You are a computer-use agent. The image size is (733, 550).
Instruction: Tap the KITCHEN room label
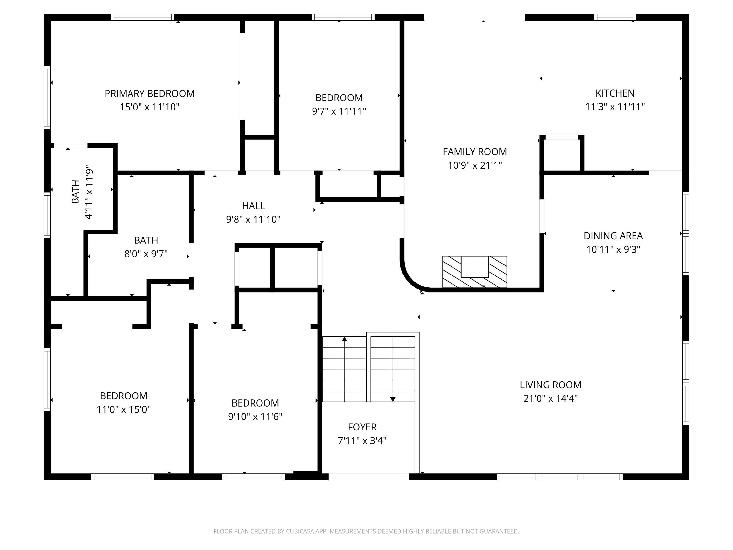point(615,93)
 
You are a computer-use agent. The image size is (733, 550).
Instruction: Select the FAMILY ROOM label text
point(475,152)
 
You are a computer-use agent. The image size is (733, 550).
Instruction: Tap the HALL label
point(254,206)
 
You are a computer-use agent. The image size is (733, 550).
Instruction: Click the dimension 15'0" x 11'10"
point(150,107)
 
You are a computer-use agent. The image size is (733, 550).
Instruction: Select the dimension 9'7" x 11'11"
point(339,111)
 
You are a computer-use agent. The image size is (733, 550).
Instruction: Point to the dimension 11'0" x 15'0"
point(124,409)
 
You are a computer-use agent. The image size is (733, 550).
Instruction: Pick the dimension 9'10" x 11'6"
point(255,416)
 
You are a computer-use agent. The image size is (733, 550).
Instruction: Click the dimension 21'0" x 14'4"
point(550,398)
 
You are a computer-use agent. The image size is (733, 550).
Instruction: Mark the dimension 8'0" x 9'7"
point(146,254)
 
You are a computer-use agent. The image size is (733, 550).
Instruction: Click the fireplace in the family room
point(475,272)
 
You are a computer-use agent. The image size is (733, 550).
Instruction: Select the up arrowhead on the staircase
point(345,339)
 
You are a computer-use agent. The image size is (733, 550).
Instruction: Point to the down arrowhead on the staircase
point(393,399)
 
